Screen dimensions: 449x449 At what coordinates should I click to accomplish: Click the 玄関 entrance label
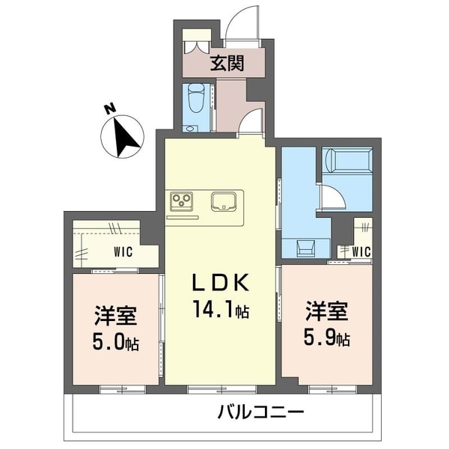click(227, 63)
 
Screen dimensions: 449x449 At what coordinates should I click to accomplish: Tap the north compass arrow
click(123, 136)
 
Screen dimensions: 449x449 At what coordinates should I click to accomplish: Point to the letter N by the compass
click(109, 110)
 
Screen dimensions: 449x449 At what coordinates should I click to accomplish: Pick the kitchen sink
click(224, 201)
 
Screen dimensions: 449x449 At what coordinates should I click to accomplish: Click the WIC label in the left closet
click(123, 252)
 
